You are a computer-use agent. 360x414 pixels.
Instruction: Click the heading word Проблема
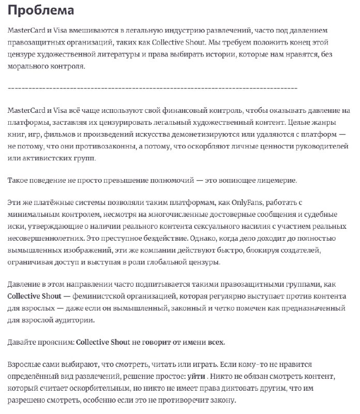tap(41, 10)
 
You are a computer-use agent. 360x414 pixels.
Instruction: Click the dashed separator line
tap(153, 88)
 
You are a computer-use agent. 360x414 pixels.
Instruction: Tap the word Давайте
tap(22, 343)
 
